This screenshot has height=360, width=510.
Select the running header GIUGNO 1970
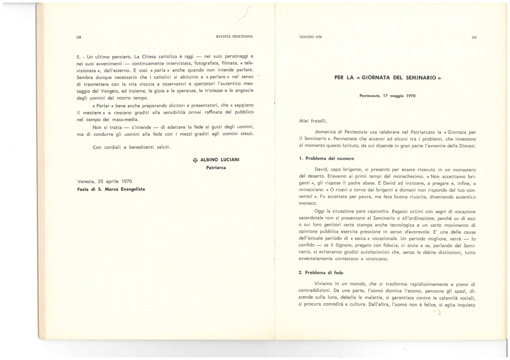[310, 37]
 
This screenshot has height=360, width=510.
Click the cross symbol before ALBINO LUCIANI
[195, 161]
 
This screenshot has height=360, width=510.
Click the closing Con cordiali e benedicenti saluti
[131, 147]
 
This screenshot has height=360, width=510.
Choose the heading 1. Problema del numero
[326, 158]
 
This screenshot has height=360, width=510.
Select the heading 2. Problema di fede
[323, 273]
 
